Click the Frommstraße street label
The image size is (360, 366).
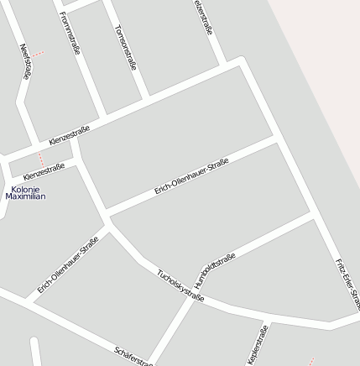pos(70,33)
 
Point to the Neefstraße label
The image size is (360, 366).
pos(24,61)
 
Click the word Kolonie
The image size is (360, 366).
pos(25,189)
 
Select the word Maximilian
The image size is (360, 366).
pos(25,196)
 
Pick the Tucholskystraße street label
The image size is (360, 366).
pos(180,285)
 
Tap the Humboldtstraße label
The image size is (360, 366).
pos(214,270)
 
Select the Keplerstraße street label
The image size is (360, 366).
pos(257,344)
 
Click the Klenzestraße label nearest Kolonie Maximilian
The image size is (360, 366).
pos(44,171)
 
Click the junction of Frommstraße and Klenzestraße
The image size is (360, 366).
pos(104,114)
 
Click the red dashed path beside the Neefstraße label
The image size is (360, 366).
pos(37,54)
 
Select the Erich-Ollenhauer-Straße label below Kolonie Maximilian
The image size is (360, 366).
pos(68,264)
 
